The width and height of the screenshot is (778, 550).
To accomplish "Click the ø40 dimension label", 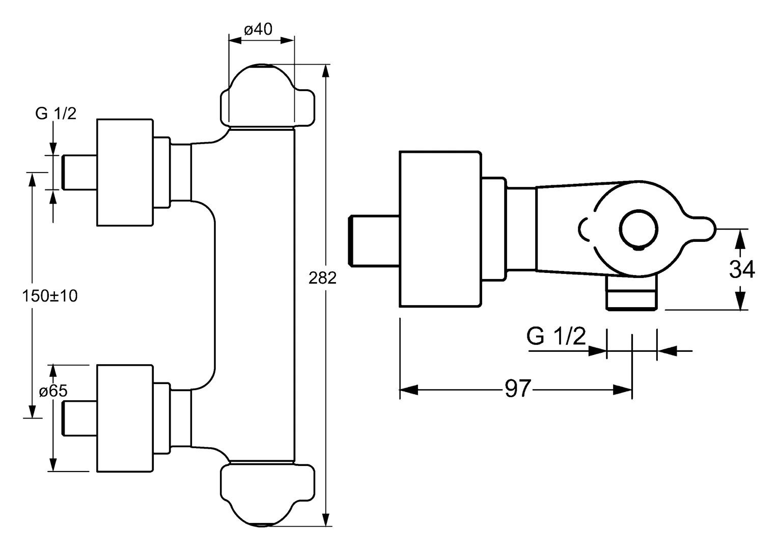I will (258, 30).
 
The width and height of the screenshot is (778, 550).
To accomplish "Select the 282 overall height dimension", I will (322, 278).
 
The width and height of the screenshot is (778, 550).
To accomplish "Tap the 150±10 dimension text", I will (50, 295).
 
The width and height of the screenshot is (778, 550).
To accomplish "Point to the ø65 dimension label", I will (53, 391).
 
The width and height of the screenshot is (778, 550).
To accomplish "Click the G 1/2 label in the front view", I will (55, 114).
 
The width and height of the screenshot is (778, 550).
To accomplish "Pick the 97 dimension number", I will (518, 390).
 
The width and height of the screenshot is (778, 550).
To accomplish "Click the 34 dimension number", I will (742, 269).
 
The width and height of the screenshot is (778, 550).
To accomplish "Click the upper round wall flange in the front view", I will (125, 172).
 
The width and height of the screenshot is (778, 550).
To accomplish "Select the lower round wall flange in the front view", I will (125, 418).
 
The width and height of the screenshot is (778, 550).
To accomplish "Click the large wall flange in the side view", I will (440, 229).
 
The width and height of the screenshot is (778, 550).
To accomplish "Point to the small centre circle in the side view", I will (638, 230).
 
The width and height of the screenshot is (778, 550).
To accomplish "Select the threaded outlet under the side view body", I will (631, 294).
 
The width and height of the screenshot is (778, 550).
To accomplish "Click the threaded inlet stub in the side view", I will (373, 240).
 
